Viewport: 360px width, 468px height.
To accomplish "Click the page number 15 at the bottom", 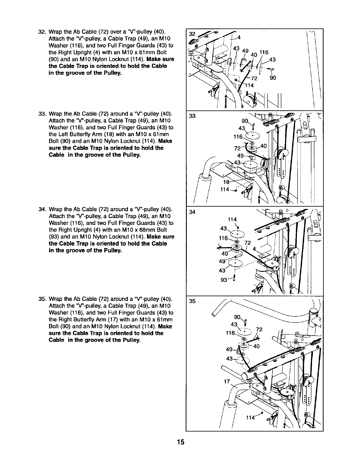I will click(x=180, y=442).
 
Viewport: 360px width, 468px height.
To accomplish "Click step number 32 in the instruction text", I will click(x=42, y=32).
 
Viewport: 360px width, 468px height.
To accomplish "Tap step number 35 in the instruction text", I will click(x=42, y=299).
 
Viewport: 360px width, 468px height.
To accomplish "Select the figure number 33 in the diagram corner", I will click(x=192, y=116).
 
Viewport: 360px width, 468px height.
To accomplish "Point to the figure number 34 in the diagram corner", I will click(x=192, y=212).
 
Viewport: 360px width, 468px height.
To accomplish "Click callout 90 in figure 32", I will click(x=273, y=78).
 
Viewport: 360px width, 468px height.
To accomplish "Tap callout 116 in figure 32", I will click(x=264, y=52).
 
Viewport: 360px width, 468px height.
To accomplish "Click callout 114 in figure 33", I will click(x=225, y=190).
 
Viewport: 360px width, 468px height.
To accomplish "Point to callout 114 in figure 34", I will click(x=232, y=220).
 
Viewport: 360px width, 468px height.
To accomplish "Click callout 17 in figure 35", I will click(x=227, y=381).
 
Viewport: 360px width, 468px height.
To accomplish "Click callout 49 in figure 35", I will click(x=229, y=350).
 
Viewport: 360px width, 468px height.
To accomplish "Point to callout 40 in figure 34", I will click(x=225, y=253).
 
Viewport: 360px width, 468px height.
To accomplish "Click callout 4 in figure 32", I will click(x=239, y=37).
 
